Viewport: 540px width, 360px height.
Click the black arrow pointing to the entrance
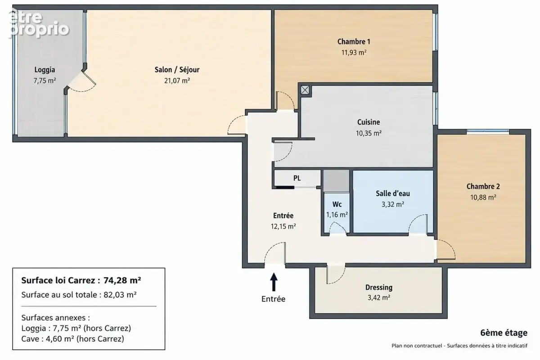point(274,282)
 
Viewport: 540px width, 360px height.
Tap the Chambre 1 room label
point(354,42)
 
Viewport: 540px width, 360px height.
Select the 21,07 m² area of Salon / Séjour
point(177,81)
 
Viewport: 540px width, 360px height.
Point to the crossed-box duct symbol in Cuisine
point(305,90)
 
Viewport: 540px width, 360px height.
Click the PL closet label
point(297,178)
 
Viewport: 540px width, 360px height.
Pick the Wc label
point(337,204)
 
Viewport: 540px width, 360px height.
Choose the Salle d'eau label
point(393,193)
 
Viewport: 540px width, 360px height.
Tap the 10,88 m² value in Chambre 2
point(483,198)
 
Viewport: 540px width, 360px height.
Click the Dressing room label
point(379,288)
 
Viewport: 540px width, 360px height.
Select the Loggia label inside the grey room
point(45,70)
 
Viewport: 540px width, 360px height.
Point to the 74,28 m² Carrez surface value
point(122,280)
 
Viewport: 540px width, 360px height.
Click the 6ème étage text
point(504,333)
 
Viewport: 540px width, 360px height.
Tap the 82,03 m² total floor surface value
point(120,295)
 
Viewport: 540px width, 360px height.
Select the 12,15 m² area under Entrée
point(283,226)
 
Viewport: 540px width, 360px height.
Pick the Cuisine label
point(369,122)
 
